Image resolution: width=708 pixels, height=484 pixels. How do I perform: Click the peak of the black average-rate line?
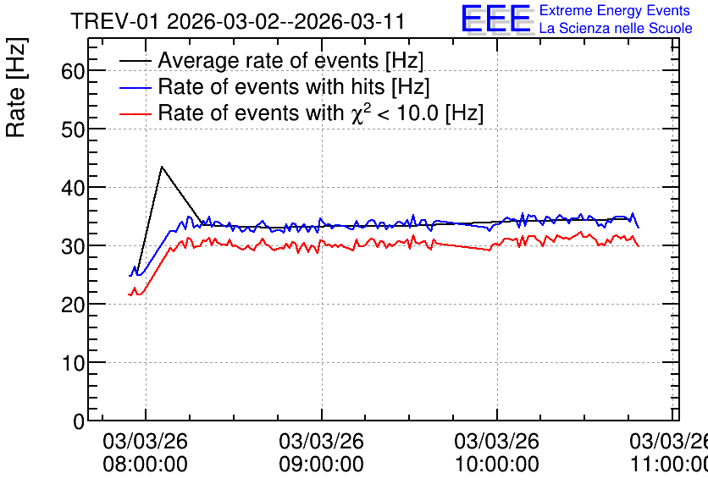(162, 167)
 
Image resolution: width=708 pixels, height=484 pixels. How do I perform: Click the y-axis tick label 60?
(73, 71)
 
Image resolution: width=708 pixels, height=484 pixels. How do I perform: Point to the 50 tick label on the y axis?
(73, 129)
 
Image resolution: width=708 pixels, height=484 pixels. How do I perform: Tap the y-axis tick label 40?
(73, 188)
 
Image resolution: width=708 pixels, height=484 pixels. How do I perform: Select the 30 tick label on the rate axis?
(73, 246)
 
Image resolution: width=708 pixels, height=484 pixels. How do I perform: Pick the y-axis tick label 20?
(73, 305)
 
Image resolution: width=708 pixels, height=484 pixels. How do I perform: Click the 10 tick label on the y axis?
(73, 363)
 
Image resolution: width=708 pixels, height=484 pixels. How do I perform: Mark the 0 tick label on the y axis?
(79, 421)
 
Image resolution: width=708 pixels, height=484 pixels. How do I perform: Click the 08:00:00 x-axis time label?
(145, 464)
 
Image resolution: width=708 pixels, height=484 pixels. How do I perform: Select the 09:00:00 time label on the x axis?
(321, 464)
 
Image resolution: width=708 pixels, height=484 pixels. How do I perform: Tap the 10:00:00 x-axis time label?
(496, 464)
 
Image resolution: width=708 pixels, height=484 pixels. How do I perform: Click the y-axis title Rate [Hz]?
(16, 87)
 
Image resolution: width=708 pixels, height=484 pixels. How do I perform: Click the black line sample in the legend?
(136, 60)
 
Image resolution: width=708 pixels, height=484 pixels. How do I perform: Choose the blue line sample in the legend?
(136, 87)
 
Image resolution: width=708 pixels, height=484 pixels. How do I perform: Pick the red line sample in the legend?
(136, 113)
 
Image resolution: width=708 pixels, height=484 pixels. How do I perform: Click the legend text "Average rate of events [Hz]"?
(290, 60)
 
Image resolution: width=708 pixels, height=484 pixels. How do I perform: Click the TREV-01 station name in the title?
(114, 22)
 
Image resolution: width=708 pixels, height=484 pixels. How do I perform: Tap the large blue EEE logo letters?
(496, 19)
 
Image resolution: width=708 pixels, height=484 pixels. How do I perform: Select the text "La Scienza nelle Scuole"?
(616, 28)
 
